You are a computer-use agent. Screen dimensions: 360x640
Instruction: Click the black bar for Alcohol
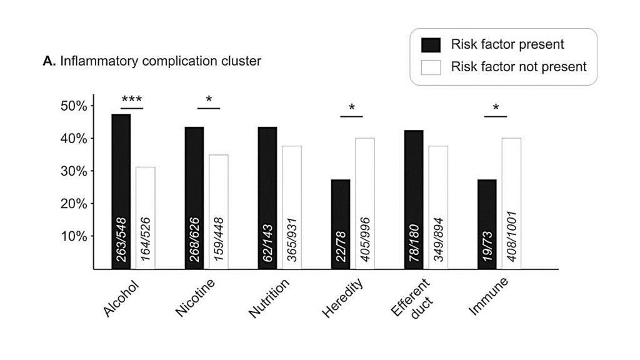click(121, 191)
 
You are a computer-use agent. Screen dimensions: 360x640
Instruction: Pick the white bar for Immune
click(511, 203)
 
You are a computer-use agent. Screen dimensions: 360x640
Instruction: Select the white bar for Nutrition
click(292, 207)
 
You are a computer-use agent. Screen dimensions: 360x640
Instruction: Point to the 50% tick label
click(74, 106)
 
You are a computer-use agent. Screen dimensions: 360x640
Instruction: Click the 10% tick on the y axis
click(74, 236)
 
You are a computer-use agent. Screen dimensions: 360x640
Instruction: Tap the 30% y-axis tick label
click(74, 171)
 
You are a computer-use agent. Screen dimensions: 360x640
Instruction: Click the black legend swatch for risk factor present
click(431, 45)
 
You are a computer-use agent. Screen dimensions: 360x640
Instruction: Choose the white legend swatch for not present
click(431, 67)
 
